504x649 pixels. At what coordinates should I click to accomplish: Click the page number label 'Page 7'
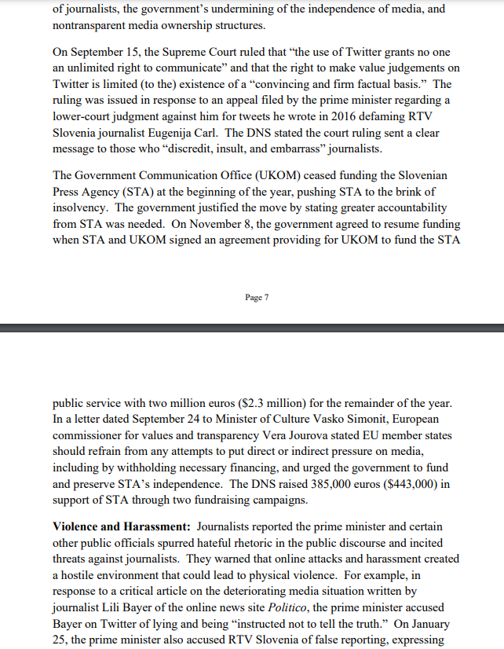tap(257, 297)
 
